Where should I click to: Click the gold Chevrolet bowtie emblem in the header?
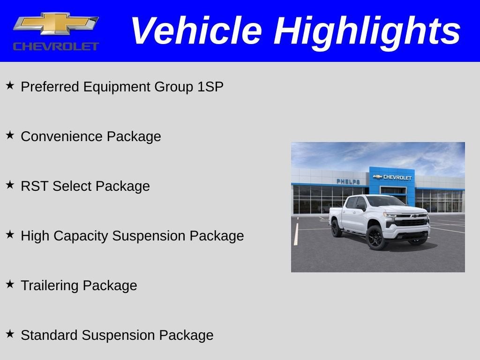coord(55,23)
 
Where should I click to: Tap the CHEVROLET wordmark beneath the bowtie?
coord(56,46)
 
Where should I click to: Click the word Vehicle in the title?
coord(195,31)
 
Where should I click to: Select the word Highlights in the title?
coord(367,31)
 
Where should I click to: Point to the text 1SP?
coord(210,87)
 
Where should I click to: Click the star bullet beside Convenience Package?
coord(10,135)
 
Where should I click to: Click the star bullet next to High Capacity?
coord(10,235)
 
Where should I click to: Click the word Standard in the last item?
coord(49,336)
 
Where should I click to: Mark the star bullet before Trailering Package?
coord(10,285)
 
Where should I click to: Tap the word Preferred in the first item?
coord(50,87)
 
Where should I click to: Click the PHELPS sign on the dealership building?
coord(348,181)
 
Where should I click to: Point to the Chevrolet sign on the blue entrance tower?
coord(392,177)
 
